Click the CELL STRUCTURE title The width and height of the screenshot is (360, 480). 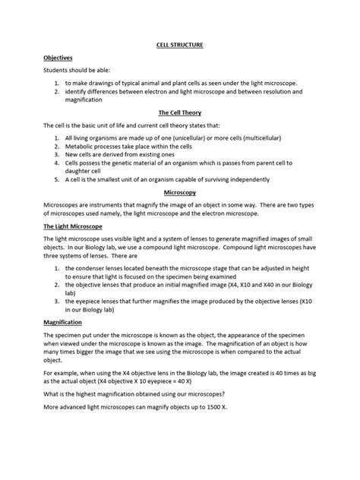pos(180,45)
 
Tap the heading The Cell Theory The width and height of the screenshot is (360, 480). pos(179,112)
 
